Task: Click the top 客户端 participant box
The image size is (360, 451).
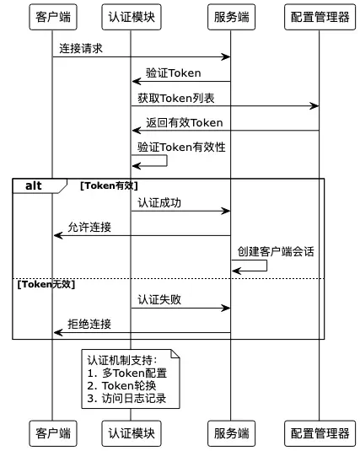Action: click(x=53, y=17)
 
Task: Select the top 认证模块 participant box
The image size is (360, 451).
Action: click(x=132, y=17)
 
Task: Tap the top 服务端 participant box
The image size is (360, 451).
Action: click(x=231, y=17)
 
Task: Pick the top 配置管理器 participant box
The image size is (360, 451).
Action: click(x=320, y=17)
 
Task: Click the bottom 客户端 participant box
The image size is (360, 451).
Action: click(x=53, y=433)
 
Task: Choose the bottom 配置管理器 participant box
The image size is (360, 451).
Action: click(x=320, y=433)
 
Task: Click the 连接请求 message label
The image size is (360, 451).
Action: click(x=81, y=48)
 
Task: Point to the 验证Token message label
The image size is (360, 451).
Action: click(x=173, y=73)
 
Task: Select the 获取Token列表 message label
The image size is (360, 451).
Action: click(x=176, y=98)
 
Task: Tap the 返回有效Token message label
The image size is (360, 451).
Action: click(x=184, y=123)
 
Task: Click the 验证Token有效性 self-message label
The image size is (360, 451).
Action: click(x=181, y=148)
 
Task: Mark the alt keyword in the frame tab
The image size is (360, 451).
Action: click(x=34, y=185)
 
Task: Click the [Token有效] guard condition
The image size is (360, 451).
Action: click(x=109, y=185)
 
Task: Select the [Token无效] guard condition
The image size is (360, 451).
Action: click(x=46, y=284)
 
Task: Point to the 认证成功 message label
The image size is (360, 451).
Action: click(x=159, y=203)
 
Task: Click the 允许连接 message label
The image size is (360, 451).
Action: click(x=89, y=228)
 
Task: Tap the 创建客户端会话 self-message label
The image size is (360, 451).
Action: click(x=276, y=252)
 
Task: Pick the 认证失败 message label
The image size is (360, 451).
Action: click(x=159, y=300)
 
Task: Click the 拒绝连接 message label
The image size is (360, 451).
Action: click(x=89, y=325)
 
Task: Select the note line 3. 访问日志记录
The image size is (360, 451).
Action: click(x=126, y=399)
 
